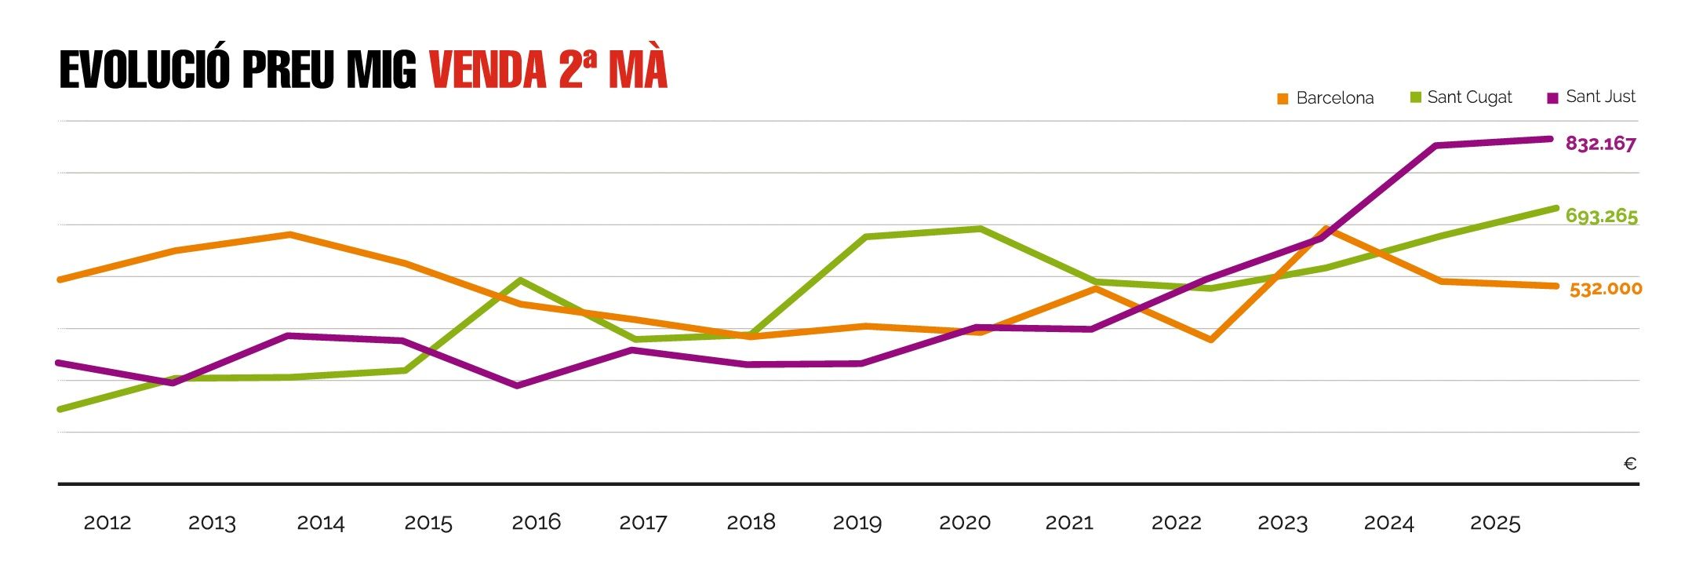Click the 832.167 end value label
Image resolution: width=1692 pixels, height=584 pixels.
tap(1600, 144)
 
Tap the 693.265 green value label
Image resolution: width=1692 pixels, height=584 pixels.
tap(1601, 216)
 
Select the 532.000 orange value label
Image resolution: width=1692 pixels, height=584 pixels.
tap(1605, 289)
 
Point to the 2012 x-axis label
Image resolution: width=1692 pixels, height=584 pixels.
tap(107, 523)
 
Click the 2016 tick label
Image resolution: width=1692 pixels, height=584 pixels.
tap(536, 523)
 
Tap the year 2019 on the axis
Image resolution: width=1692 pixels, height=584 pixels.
tap(857, 523)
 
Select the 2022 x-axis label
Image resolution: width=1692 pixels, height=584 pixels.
tap(1176, 523)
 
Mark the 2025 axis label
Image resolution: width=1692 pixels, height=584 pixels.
tap(1494, 523)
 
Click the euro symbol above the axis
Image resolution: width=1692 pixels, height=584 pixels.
tap(1629, 464)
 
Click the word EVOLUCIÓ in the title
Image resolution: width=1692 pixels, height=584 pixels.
tap(144, 70)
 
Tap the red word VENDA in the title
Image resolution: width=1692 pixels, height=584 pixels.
tap(487, 70)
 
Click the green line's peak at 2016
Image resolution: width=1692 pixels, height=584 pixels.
tap(520, 280)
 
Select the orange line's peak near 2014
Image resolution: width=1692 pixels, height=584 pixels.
tap(289, 234)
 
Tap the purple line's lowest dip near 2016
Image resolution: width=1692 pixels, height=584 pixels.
tap(517, 385)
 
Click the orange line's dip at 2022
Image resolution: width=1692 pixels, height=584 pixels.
tap(1211, 340)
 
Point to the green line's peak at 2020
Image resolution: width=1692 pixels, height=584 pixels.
tap(980, 228)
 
